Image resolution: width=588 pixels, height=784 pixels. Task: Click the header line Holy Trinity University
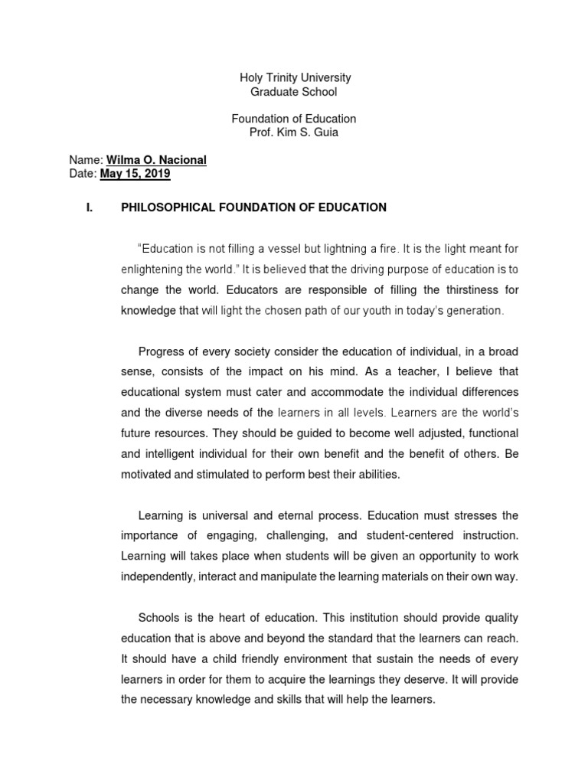(295, 78)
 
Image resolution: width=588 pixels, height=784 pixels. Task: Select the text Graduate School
(294, 92)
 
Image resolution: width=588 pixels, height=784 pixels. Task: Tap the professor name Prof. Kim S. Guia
(295, 132)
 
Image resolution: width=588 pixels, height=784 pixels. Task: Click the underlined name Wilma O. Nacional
(155, 160)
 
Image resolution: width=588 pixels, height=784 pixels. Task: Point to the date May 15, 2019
(135, 174)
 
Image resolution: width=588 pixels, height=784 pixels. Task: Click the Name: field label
(85, 160)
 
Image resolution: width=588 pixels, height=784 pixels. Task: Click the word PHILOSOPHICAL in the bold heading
(164, 207)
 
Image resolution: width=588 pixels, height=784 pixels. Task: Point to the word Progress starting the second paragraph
(159, 351)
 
